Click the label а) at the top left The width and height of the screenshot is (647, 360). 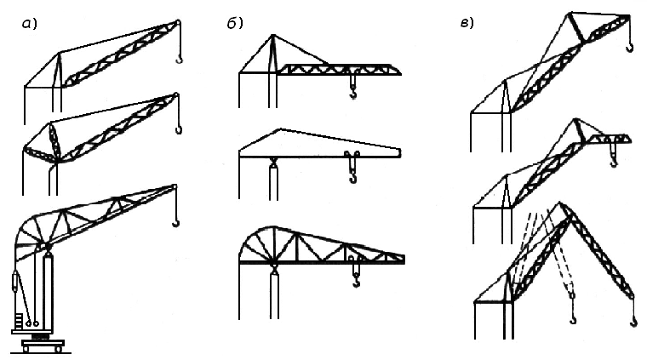(x=29, y=25)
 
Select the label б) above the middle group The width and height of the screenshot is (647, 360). (x=234, y=24)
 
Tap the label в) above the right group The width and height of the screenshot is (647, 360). (x=467, y=23)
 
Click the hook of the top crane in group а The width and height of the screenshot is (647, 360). (x=179, y=59)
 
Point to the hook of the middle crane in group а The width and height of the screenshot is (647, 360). (x=179, y=130)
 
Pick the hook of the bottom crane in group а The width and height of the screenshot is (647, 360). (x=176, y=223)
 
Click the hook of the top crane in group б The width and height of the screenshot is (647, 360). (x=353, y=94)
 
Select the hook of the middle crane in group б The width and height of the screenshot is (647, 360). (x=352, y=177)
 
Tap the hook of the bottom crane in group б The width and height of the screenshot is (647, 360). (x=356, y=282)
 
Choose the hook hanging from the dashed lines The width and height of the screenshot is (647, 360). (x=573, y=318)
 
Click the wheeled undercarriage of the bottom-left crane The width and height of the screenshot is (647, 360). (x=43, y=346)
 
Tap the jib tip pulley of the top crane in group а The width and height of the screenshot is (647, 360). (x=178, y=23)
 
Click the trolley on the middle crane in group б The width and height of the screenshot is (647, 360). (x=352, y=155)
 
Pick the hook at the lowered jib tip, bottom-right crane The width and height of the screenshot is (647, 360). (x=633, y=322)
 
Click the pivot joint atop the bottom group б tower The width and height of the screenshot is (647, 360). (x=273, y=270)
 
